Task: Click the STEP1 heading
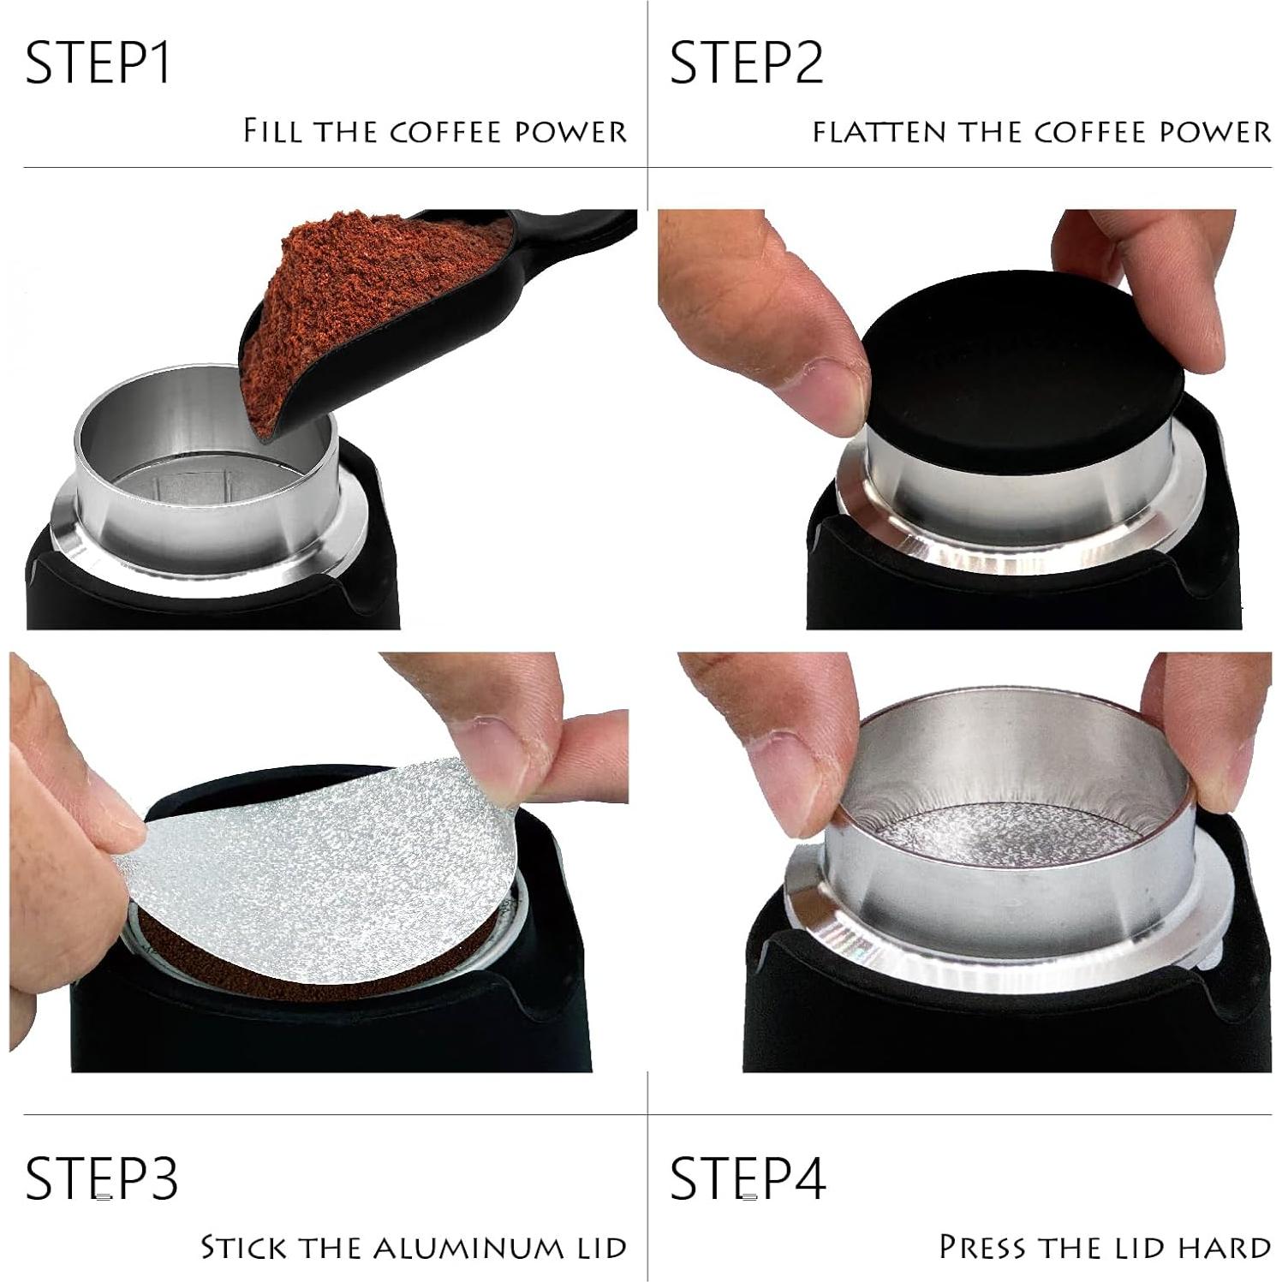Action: (98, 63)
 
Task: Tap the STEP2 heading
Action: (745, 63)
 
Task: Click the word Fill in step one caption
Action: (272, 131)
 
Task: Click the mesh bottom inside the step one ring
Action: (197, 492)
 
